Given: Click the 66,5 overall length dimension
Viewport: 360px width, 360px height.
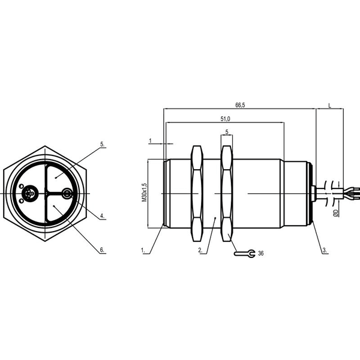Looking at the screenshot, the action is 240,105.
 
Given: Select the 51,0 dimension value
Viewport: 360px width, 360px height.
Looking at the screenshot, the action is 225,119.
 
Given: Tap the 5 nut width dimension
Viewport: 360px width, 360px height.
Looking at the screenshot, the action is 227,132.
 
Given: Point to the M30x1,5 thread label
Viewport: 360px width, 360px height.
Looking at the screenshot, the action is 144,193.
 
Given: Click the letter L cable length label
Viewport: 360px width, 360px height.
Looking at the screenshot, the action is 329,106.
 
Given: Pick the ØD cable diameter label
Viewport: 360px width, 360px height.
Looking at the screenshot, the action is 335,213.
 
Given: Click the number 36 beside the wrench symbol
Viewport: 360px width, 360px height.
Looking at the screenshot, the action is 261,253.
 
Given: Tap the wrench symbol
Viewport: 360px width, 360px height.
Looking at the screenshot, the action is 245,253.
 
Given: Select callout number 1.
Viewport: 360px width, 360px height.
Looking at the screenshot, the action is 143,250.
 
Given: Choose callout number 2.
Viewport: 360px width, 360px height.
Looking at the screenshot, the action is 200,250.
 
